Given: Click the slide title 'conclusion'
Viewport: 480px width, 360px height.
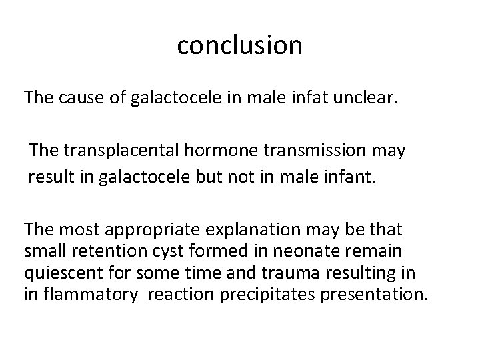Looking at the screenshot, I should tap(240, 45).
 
